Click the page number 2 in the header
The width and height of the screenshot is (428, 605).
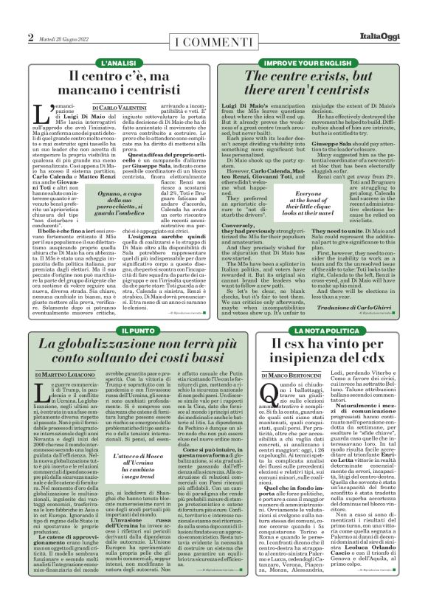30,38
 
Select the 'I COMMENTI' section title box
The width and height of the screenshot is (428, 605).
213,41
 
